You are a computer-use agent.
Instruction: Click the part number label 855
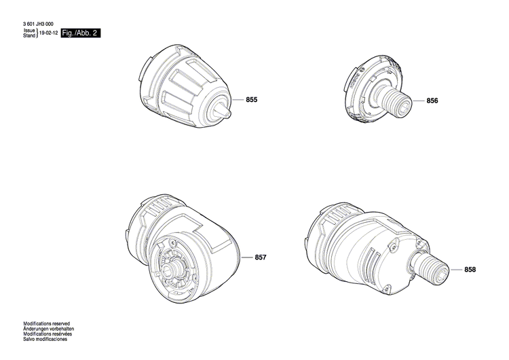tap(252, 100)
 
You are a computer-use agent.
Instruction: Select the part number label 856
tap(433, 101)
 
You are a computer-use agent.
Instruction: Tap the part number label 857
tap(261, 257)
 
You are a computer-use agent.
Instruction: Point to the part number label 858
tap(470, 270)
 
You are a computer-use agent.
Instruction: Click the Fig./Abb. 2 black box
tap(81, 33)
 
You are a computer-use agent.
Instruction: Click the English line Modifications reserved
tap(47, 324)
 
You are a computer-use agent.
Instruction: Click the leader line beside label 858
tap(455, 270)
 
